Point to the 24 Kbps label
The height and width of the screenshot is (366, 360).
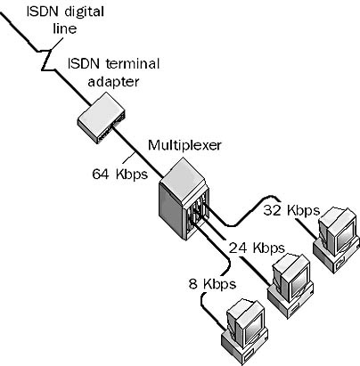(x=256, y=247)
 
